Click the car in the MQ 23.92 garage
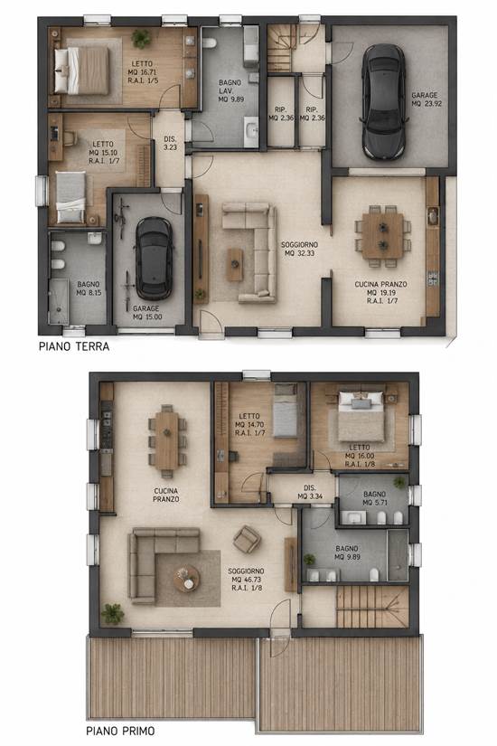point(385,102)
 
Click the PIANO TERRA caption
point(74,346)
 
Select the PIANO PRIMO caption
point(120,731)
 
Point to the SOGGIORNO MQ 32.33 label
point(300,249)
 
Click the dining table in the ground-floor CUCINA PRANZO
point(383,235)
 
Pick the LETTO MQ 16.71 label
point(143,71)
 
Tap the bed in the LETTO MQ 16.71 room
point(82,70)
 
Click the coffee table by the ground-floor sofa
point(234,265)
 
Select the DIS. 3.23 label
point(170,143)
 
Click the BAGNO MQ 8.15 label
point(89,288)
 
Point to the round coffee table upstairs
point(186,579)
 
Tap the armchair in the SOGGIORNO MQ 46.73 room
point(247,540)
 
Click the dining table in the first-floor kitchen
point(166,440)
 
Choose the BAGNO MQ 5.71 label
point(375,498)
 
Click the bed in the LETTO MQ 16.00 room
point(361,416)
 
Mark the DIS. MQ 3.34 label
point(310,493)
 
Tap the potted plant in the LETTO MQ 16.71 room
point(141,38)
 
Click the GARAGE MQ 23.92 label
point(425,99)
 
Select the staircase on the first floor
point(373,607)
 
